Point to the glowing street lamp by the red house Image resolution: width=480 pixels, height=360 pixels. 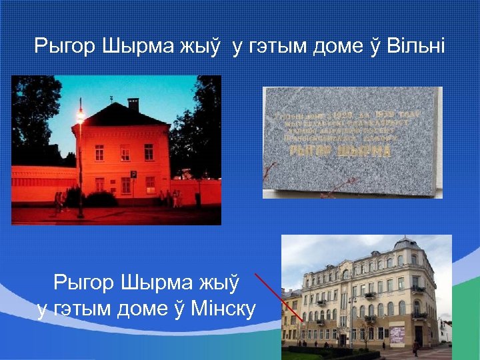pos(81,117)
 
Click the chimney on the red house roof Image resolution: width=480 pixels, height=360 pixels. pos(133,104)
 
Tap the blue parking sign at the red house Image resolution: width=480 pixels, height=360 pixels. pos(133,174)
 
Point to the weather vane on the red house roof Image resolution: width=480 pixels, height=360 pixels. pos(111,99)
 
